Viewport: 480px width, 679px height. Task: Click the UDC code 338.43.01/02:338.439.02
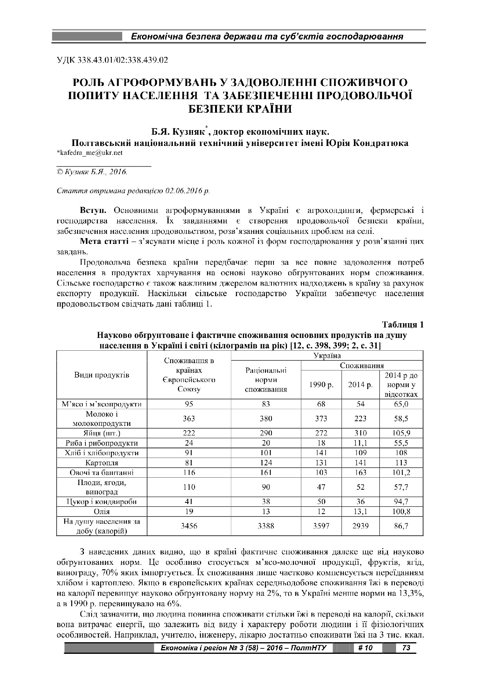pyautogui.click(x=112, y=60)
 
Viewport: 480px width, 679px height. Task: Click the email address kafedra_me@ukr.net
pyautogui.click(x=90, y=153)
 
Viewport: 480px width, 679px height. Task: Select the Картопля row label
pyautogui.click(x=102, y=463)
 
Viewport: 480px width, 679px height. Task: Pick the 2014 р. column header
pyautogui.click(x=360, y=385)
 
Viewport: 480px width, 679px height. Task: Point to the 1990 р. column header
pyautogui.click(x=321, y=385)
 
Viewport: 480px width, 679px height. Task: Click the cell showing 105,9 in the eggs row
pyautogui.click(x=401, y=433)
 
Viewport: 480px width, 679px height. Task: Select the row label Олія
pyautogui.click(x=102, y=511)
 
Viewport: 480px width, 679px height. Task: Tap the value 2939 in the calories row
pyautogui.click(x=360, y=526)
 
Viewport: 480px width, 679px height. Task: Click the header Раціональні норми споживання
pyautogui.click(x=266, y=380)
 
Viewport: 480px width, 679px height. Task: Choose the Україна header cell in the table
pyautogui.click(x=327, y=355)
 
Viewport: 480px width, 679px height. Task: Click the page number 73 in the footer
pyautogui.click(x=406, y=648)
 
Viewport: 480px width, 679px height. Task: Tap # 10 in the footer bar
pyautogui.click(x=365, y=648)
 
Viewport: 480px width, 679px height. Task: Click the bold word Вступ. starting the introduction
pyautogui.click(x=93, y=211)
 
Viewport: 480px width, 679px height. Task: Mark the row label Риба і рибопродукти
pyautogui.click(x=102, y=443)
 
